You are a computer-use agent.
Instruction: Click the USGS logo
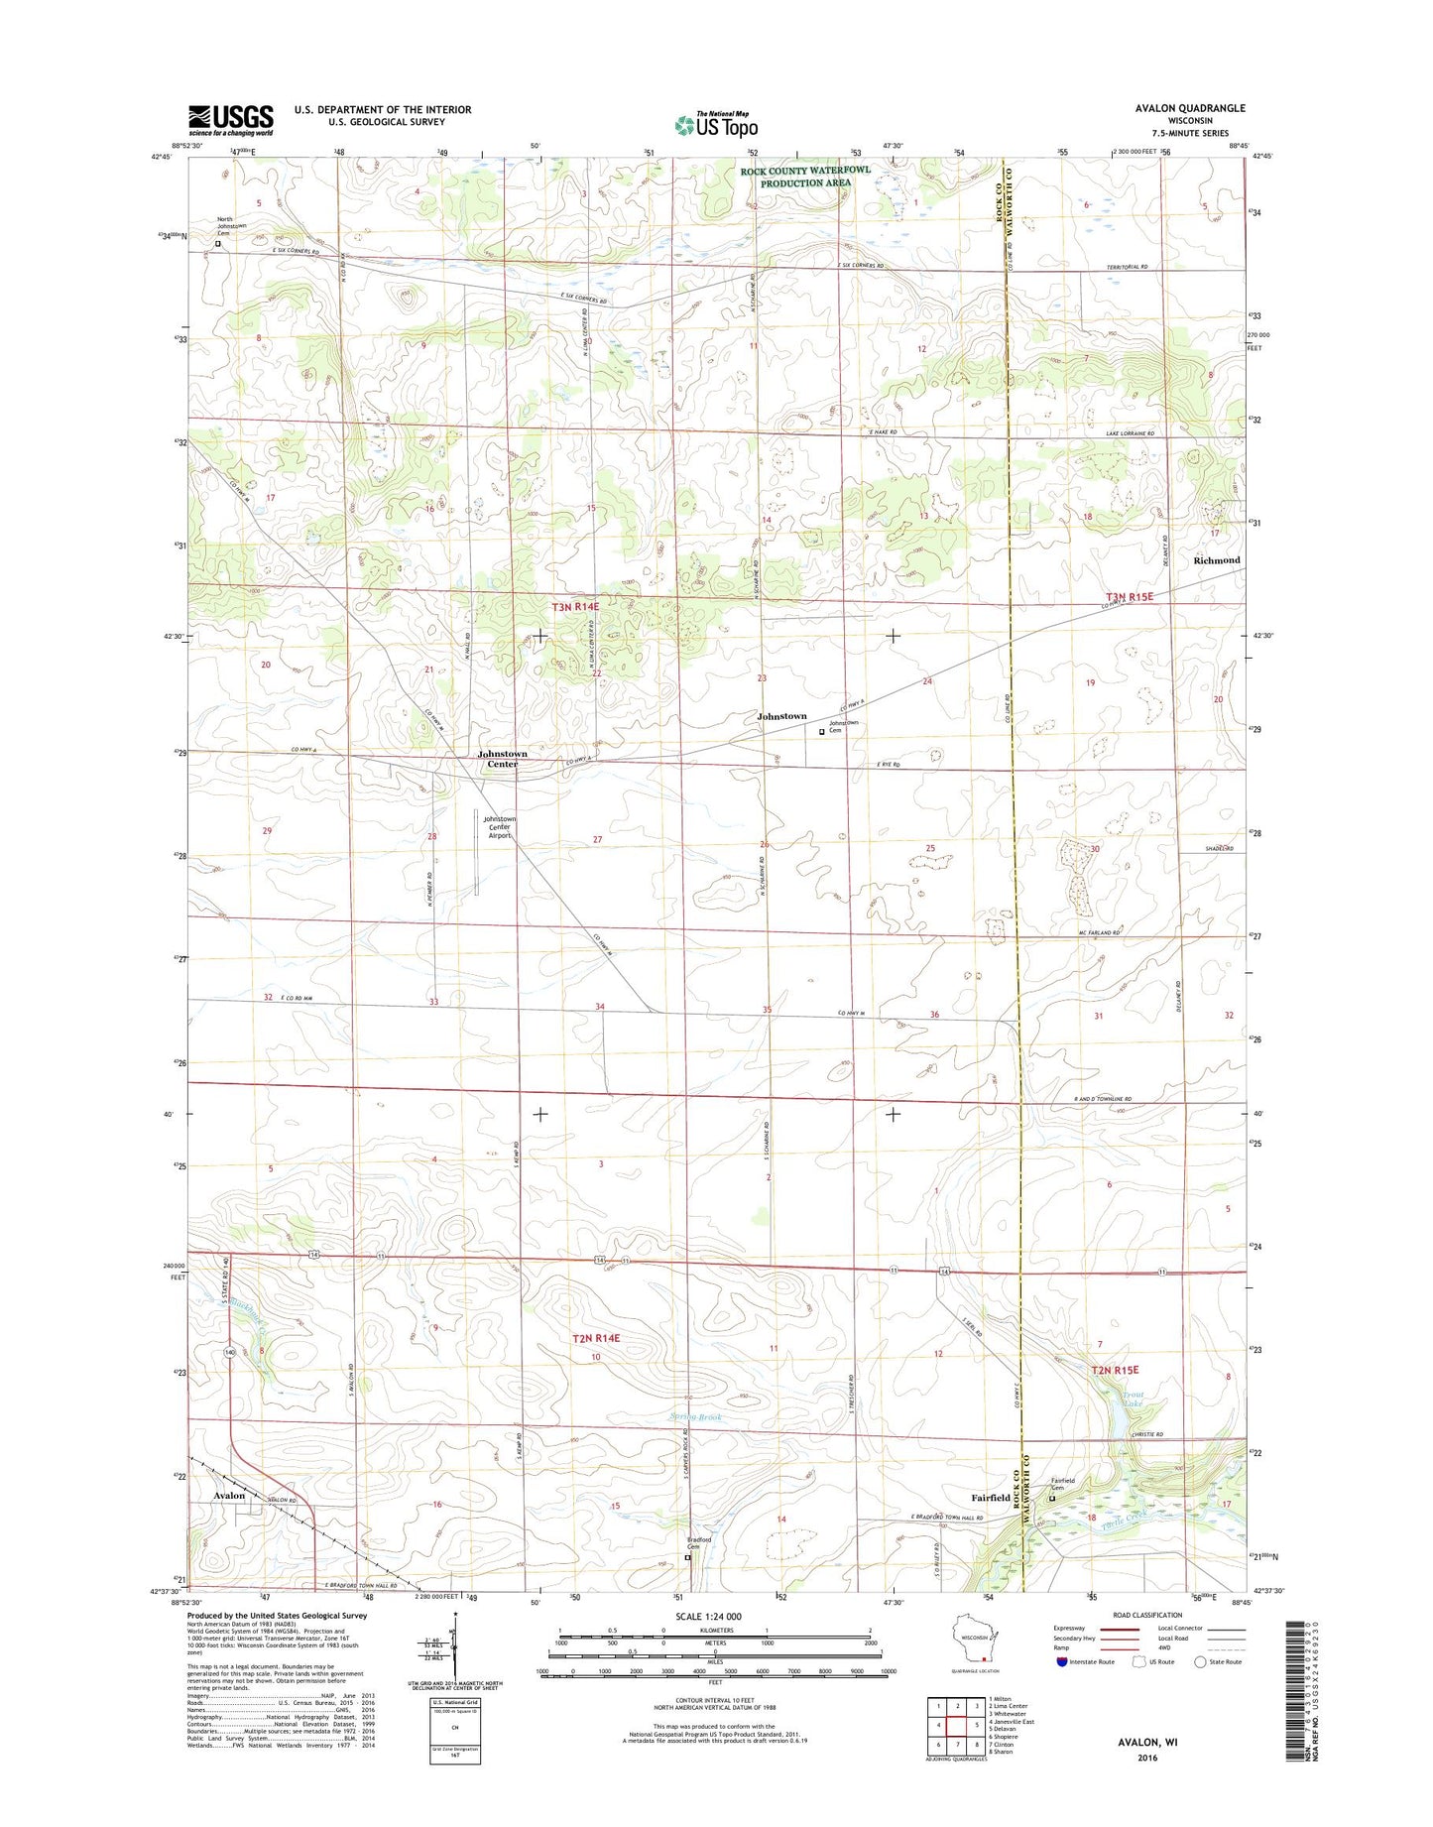coord(230,120)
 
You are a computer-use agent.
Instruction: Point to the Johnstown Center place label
coord(502,760)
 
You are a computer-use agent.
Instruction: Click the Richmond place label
coord(1216,560)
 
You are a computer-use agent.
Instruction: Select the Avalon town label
coord(229,1496)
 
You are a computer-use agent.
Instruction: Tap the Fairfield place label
coord(990,1498)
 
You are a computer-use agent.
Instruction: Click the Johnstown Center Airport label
coord(497,827)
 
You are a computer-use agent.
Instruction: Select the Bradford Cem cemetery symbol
coord(687,1558)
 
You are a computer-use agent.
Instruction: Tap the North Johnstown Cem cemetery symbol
coord(218,243)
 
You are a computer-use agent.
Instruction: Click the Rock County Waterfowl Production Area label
coord(805,177)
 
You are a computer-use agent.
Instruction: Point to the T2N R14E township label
coord(595,1338)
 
